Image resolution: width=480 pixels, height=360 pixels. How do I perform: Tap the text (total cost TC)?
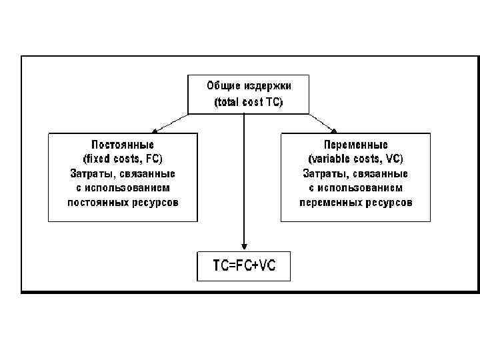[x=248, y=103]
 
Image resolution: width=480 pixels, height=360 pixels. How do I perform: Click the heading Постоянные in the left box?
[x=123, y=144]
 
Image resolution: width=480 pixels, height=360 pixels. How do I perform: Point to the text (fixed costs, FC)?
[x=123, y=159]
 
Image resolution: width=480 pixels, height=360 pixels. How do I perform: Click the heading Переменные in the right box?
[x=355, y=144]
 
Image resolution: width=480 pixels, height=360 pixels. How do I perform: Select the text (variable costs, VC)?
[x=355, y=159]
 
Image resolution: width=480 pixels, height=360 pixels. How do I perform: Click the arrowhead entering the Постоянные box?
[x=154, y=130]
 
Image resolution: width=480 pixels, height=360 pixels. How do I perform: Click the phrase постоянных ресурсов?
[x=123, y=202]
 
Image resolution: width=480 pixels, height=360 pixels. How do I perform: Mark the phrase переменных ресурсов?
[x=355, y=202]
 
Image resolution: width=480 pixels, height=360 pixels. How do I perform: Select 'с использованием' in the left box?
[x=123, y=187]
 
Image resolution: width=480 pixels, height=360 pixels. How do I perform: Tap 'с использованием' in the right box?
[x=355, y=187]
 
